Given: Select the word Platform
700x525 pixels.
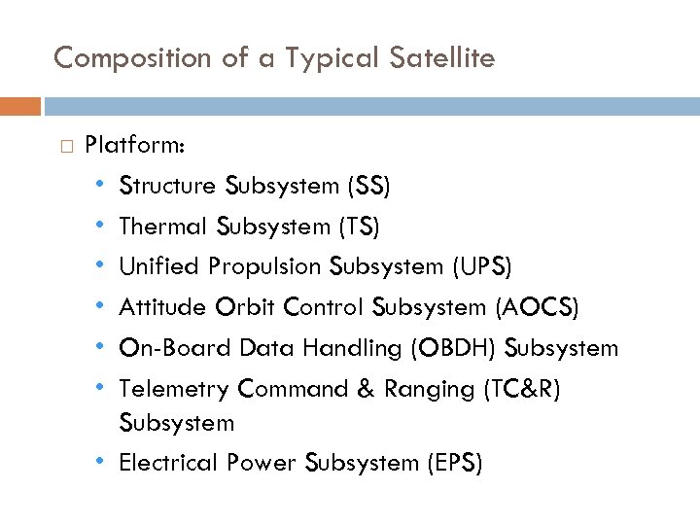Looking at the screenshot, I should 136,146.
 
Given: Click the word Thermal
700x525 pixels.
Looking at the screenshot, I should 163,227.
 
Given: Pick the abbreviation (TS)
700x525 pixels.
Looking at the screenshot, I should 359,227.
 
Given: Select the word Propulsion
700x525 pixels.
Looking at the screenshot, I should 265,267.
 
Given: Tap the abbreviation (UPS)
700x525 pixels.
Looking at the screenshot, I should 481,267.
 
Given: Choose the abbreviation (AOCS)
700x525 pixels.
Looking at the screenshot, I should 537,308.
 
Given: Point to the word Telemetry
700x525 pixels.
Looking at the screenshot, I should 174,389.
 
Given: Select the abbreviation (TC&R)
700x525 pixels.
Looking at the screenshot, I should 522,389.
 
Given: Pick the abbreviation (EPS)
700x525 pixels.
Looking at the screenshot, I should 454,463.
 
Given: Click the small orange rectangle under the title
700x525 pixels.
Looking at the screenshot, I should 20,105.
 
